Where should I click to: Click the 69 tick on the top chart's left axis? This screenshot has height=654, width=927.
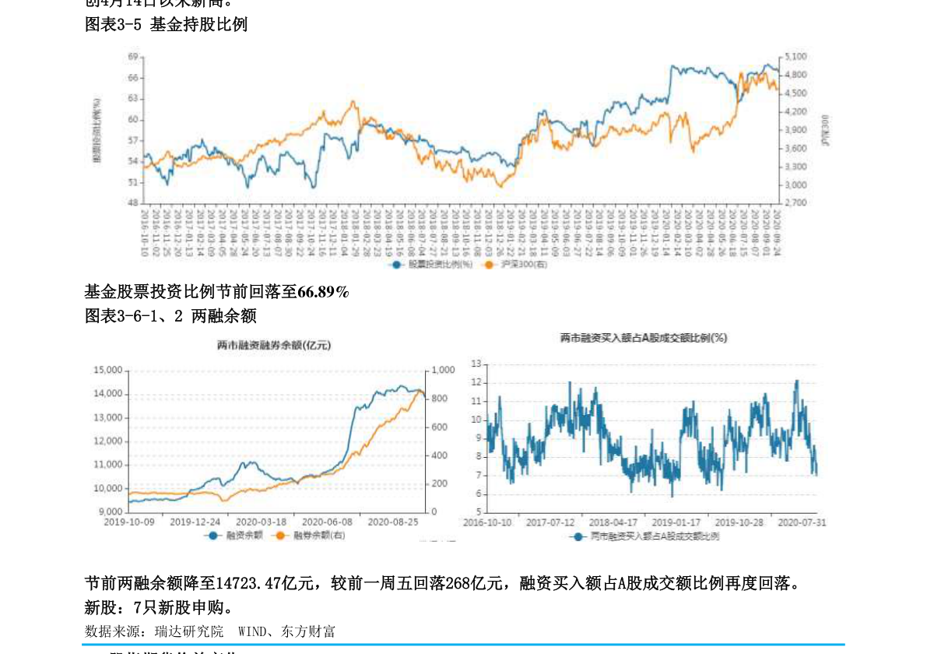133,57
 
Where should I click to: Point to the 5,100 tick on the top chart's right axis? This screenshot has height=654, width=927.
795,57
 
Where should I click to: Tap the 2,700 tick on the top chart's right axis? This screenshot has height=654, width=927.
795,202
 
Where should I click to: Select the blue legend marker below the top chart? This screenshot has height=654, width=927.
396,265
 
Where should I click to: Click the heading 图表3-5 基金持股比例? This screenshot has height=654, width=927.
166,25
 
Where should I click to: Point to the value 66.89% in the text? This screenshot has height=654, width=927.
323,292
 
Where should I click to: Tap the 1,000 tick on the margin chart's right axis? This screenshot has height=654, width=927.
444,370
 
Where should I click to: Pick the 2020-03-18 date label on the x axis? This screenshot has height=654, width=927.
261,522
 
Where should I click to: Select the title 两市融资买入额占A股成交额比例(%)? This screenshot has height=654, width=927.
644,338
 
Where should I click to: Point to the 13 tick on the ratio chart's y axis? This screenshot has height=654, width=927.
476,364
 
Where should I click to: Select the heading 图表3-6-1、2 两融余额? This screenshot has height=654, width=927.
170,316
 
